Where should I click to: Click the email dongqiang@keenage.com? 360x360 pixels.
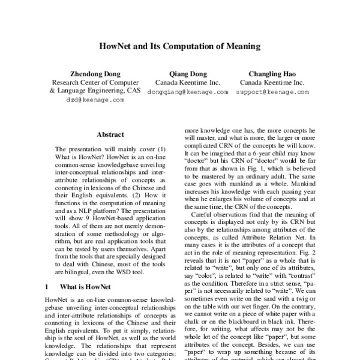point(188,92)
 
